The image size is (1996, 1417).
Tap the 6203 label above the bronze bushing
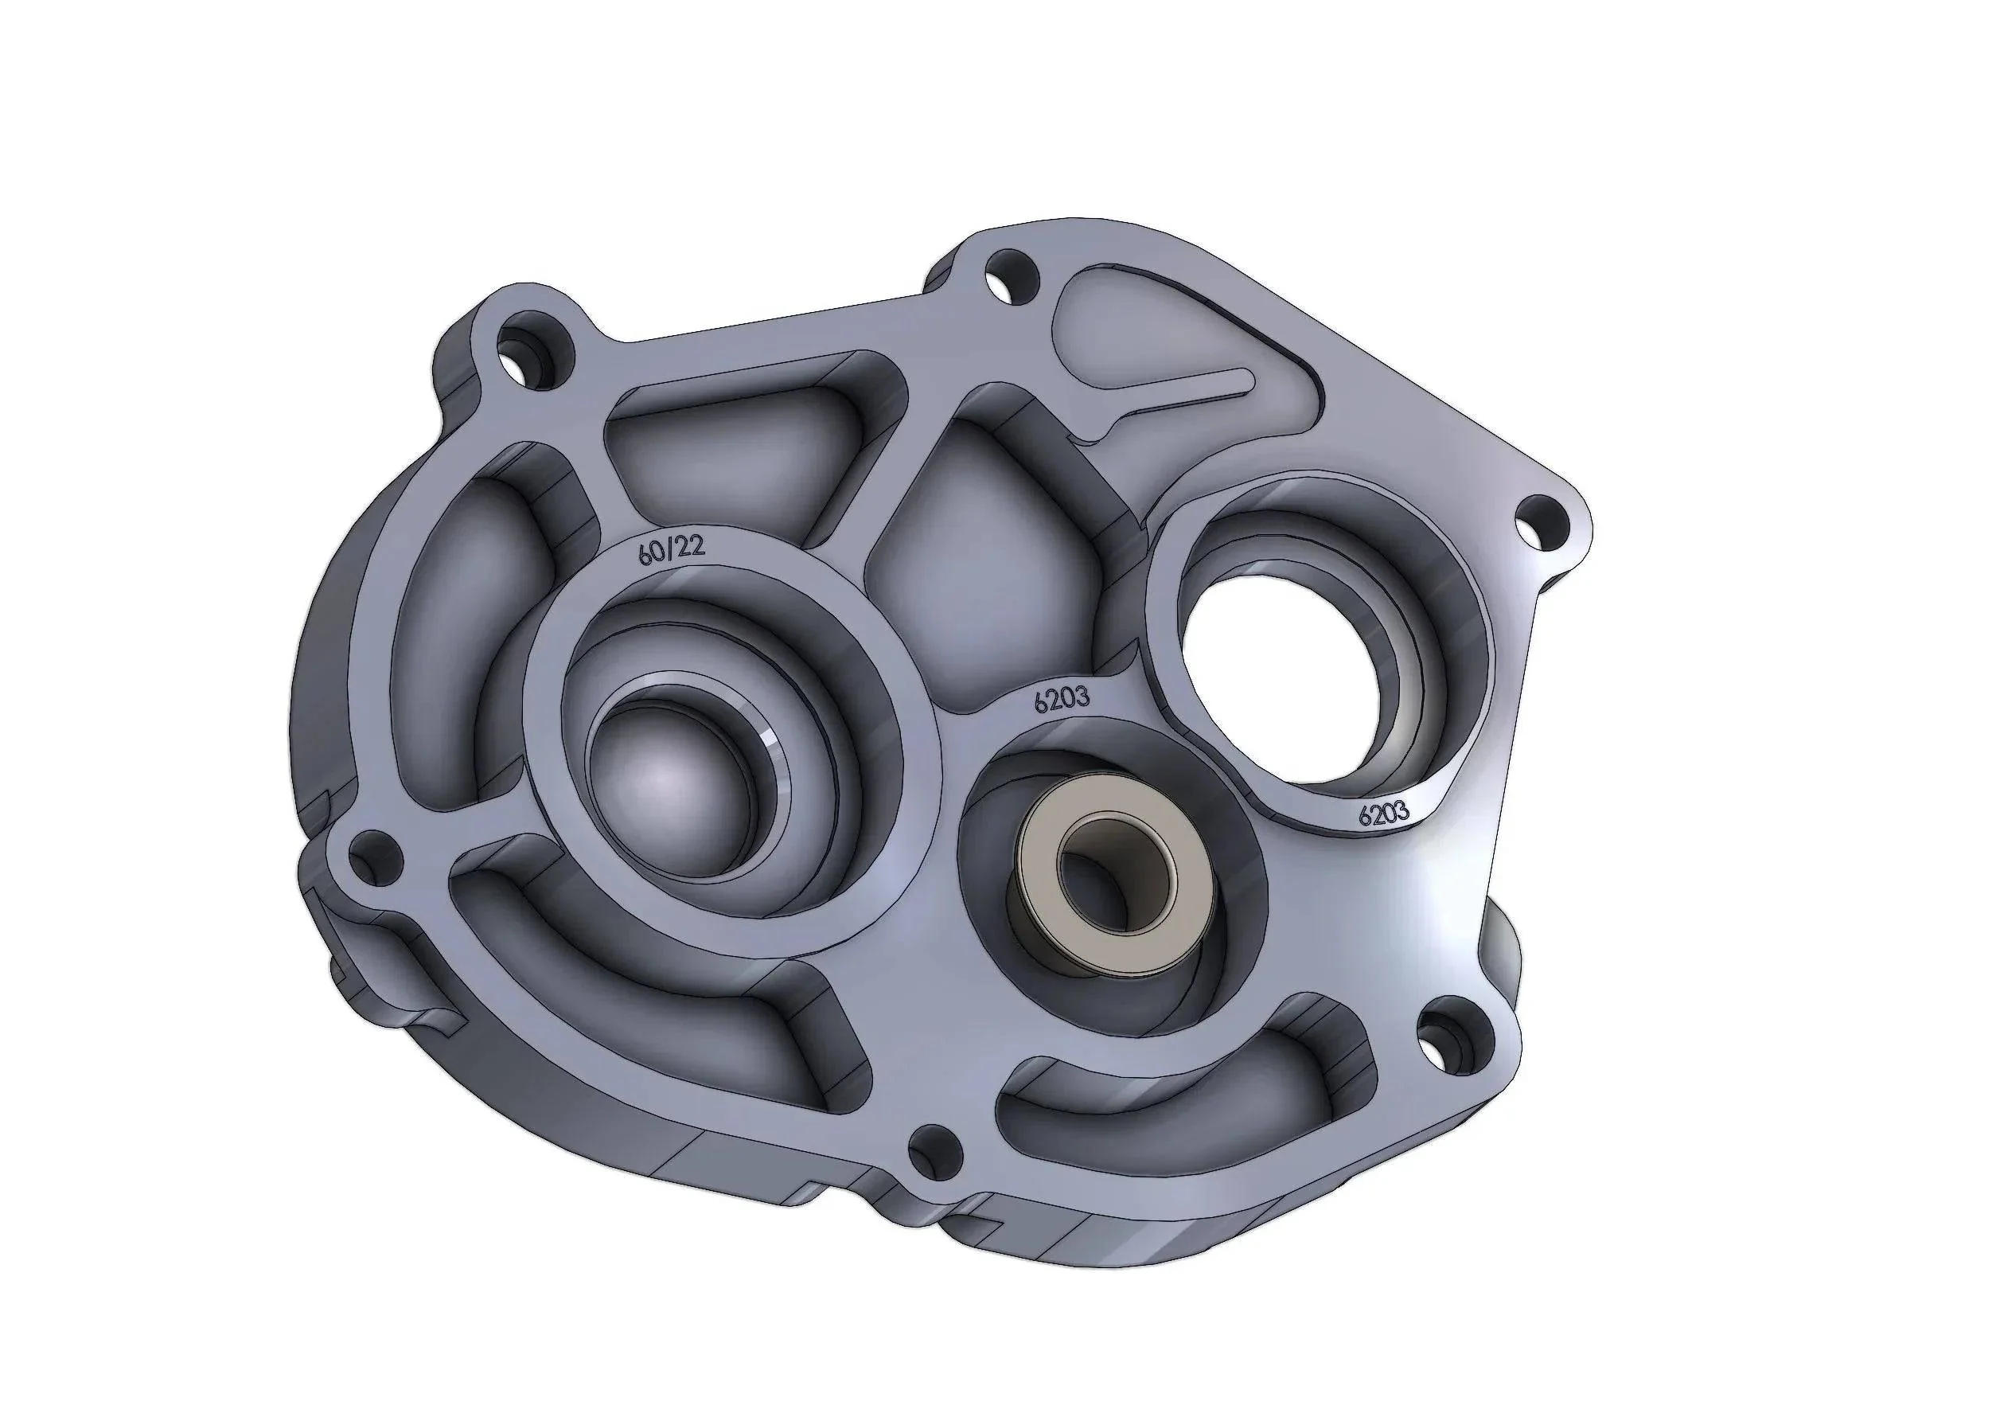click(1062, 701)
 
